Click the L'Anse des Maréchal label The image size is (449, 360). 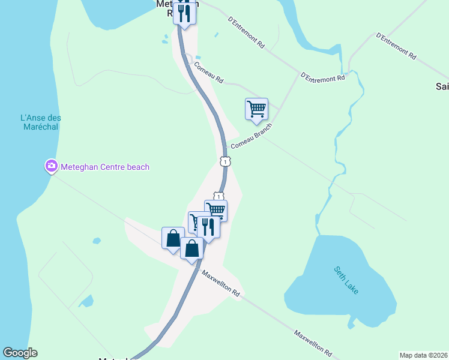(x=37, y=123)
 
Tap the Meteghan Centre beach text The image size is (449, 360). (x=105, y=167)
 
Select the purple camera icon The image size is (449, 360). (x=51, y=166)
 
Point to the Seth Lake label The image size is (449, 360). (x=346, y=280)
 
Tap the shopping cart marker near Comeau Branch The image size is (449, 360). (x=256, y=109)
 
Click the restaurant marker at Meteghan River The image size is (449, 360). (x=185, y=13)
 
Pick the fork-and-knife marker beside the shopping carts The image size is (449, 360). (x=208, y=227)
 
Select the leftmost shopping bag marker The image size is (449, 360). (x=173, y=238)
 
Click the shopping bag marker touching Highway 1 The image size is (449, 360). (x=191, y=248)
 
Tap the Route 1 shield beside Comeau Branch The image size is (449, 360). (x=224, y=161)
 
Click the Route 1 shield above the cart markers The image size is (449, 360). (x=219, y=196)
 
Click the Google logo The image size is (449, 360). (x=20, y=353)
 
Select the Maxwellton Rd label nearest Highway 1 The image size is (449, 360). (x=221, y=284)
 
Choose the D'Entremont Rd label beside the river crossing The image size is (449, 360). (x=323, y=77)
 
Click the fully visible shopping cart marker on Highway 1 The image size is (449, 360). (x=216, y=210)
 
